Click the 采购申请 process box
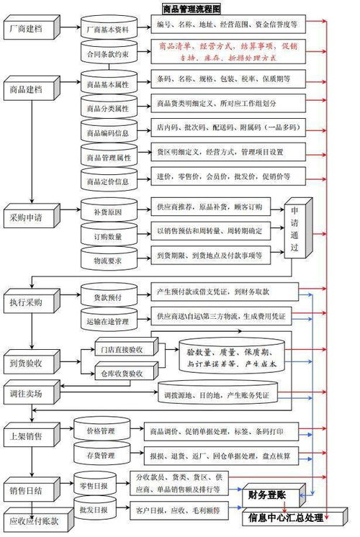coord(29,217)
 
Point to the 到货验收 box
coord(29,361)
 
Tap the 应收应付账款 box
coord(34,520)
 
